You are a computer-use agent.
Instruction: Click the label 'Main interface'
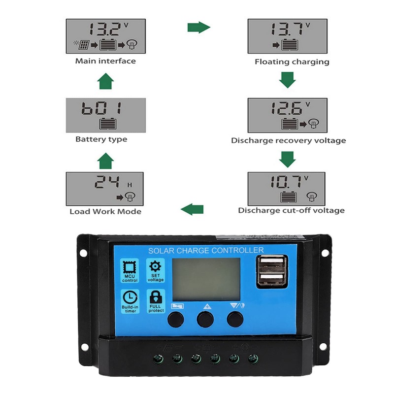point(105,61)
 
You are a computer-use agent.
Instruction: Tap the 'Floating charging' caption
point(292,62)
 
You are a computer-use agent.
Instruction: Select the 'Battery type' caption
point(101,139)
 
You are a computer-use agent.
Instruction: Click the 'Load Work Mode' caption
point(105,211)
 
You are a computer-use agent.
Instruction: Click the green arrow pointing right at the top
point(198,27)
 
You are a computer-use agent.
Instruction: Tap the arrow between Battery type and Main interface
point(105,82)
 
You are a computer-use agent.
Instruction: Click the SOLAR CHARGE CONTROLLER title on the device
point(206,251)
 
